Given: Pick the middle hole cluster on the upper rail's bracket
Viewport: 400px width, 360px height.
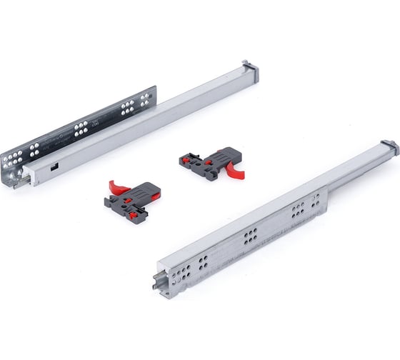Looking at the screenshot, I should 80,129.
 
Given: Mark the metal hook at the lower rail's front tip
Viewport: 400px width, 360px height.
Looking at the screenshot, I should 155,281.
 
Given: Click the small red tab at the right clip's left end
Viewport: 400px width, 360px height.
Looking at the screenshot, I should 188,159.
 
